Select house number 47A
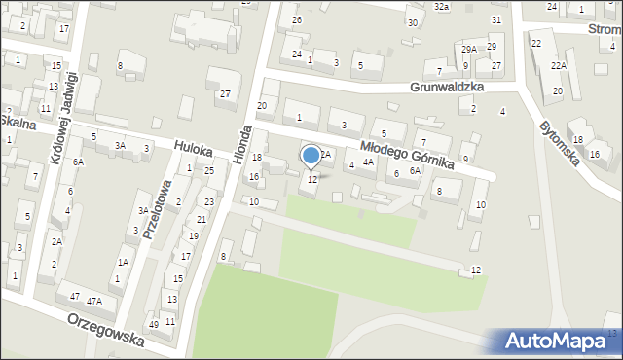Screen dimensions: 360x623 pyautogui.click(x=94, y=302)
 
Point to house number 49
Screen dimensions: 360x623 pyautogui.click(x=153, y=324)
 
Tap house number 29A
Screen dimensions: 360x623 pyautogui.click(x=469, y=49)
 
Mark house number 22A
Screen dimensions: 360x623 pyautogui.click(x=558, y=65)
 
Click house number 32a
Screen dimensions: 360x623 pyautogui.click(x=442, y=7)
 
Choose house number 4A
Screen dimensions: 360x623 pyautogui.click(x=368, y=162)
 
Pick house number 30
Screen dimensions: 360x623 pyautogui.click(x=413, y=22)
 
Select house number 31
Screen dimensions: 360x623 pyautogui.click(x=496, y=19)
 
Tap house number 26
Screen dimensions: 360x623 pyautogui.click(x=297, y=19)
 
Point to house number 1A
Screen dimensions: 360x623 pyautogui.click(x=124, y=262)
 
